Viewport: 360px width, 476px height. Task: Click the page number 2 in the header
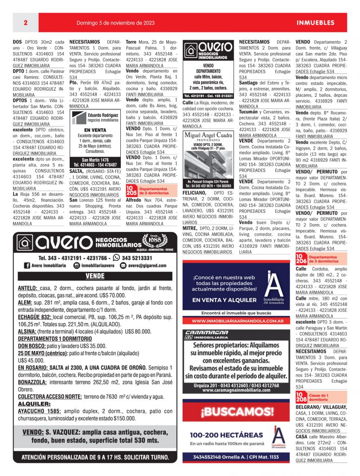26,22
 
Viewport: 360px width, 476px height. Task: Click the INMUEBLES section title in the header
315,22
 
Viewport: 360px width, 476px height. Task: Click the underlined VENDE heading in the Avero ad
95,276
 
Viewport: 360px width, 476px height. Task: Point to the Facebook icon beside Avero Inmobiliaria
27,265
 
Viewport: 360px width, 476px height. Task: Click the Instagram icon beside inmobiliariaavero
77,265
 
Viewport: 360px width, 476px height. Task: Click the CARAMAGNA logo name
206,332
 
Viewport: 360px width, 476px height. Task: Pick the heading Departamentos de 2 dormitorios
154,191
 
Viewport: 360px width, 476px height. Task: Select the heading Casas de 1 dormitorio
319,397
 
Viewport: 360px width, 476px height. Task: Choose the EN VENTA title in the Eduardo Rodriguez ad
95,130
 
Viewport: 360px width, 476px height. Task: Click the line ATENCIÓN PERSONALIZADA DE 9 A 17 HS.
95,457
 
